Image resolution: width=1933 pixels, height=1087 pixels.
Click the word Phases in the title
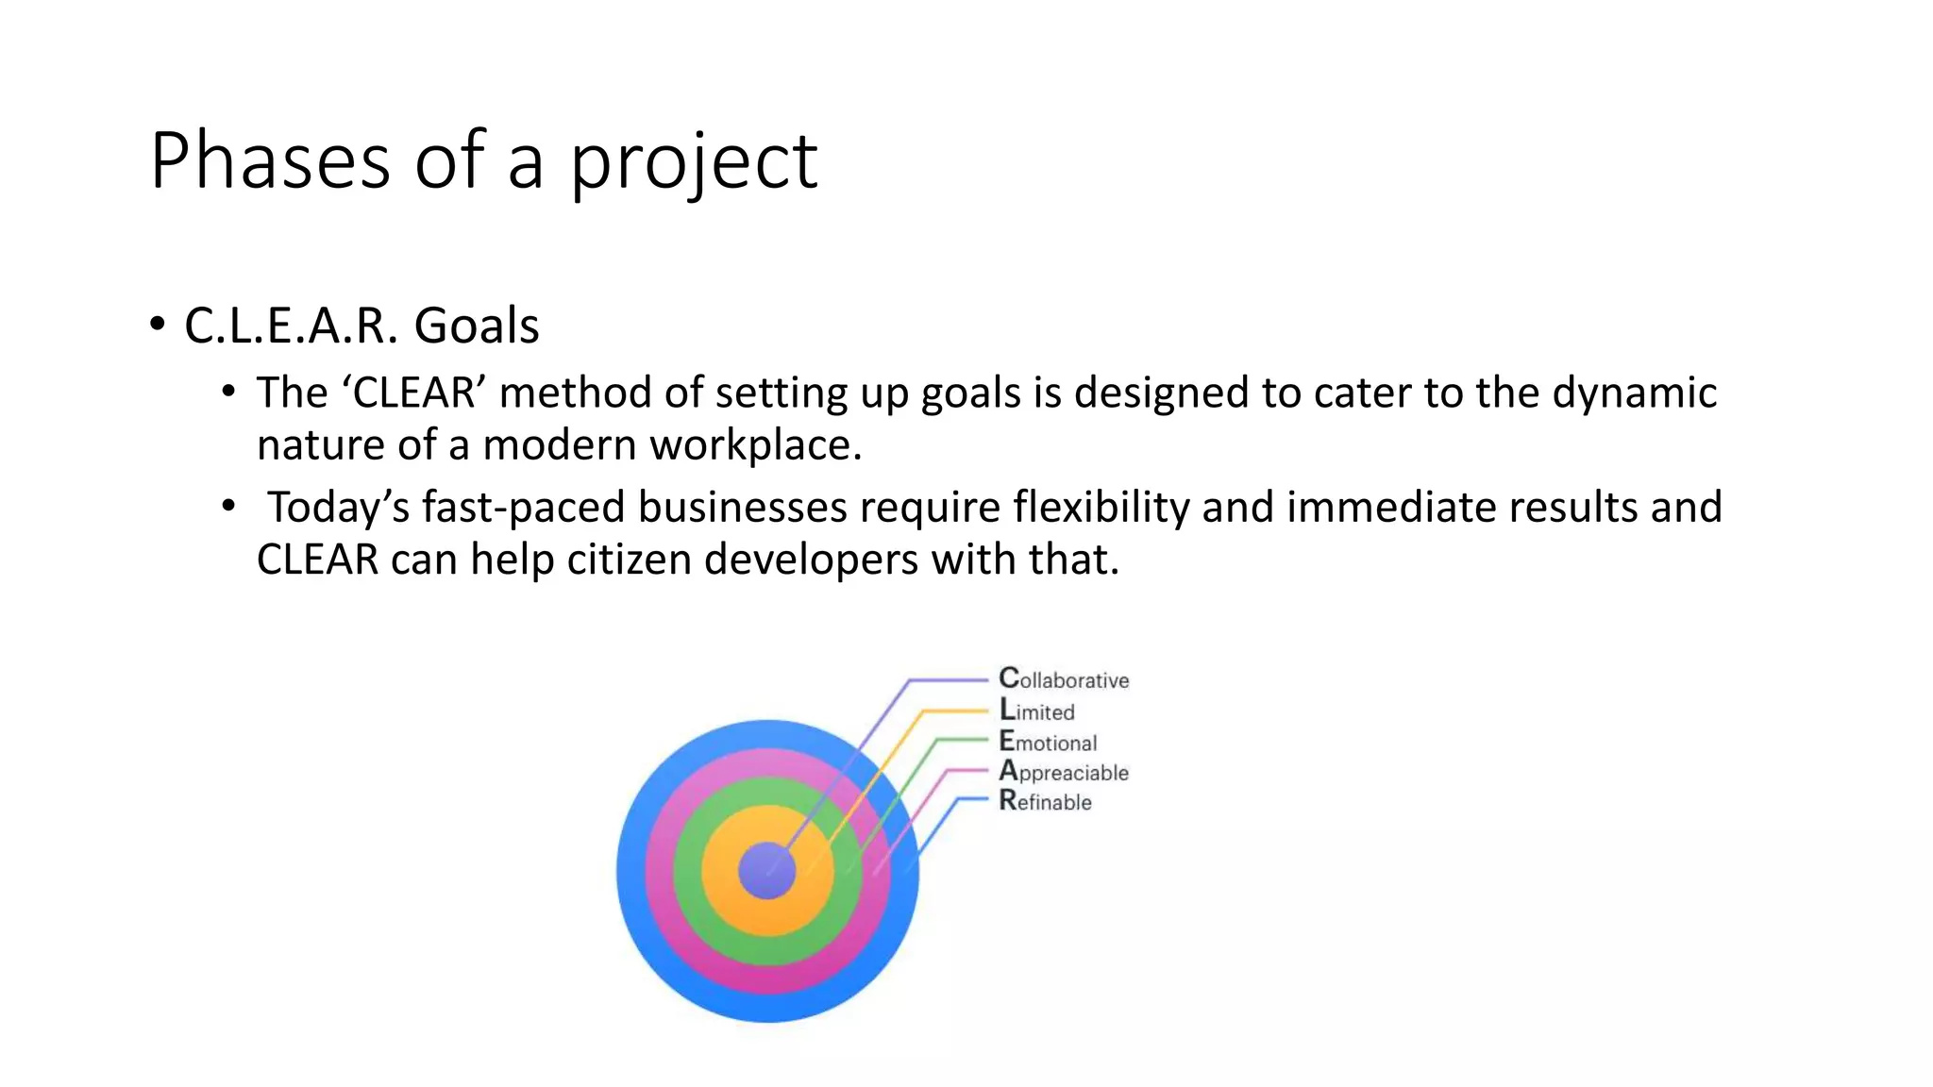click(x=270, y=160)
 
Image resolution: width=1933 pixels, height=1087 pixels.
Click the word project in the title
click(x=694, y=162)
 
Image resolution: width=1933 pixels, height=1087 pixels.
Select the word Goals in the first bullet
click(x=477, y=326)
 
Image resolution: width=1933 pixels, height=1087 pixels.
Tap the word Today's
click(x=338, y=508)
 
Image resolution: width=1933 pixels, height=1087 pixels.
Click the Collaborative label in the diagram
click(x=1064, y=679)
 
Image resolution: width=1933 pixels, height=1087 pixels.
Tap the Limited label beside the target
click(x=1036, y=711)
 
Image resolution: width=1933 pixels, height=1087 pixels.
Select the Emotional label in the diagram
click(x=1048, y=742)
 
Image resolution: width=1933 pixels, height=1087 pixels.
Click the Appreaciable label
click(x=1064, y=772)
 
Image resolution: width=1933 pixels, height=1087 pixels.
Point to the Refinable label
click(x=1045, y=802)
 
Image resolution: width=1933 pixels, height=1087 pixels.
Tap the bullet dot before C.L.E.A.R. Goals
click(x=158, y=325)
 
